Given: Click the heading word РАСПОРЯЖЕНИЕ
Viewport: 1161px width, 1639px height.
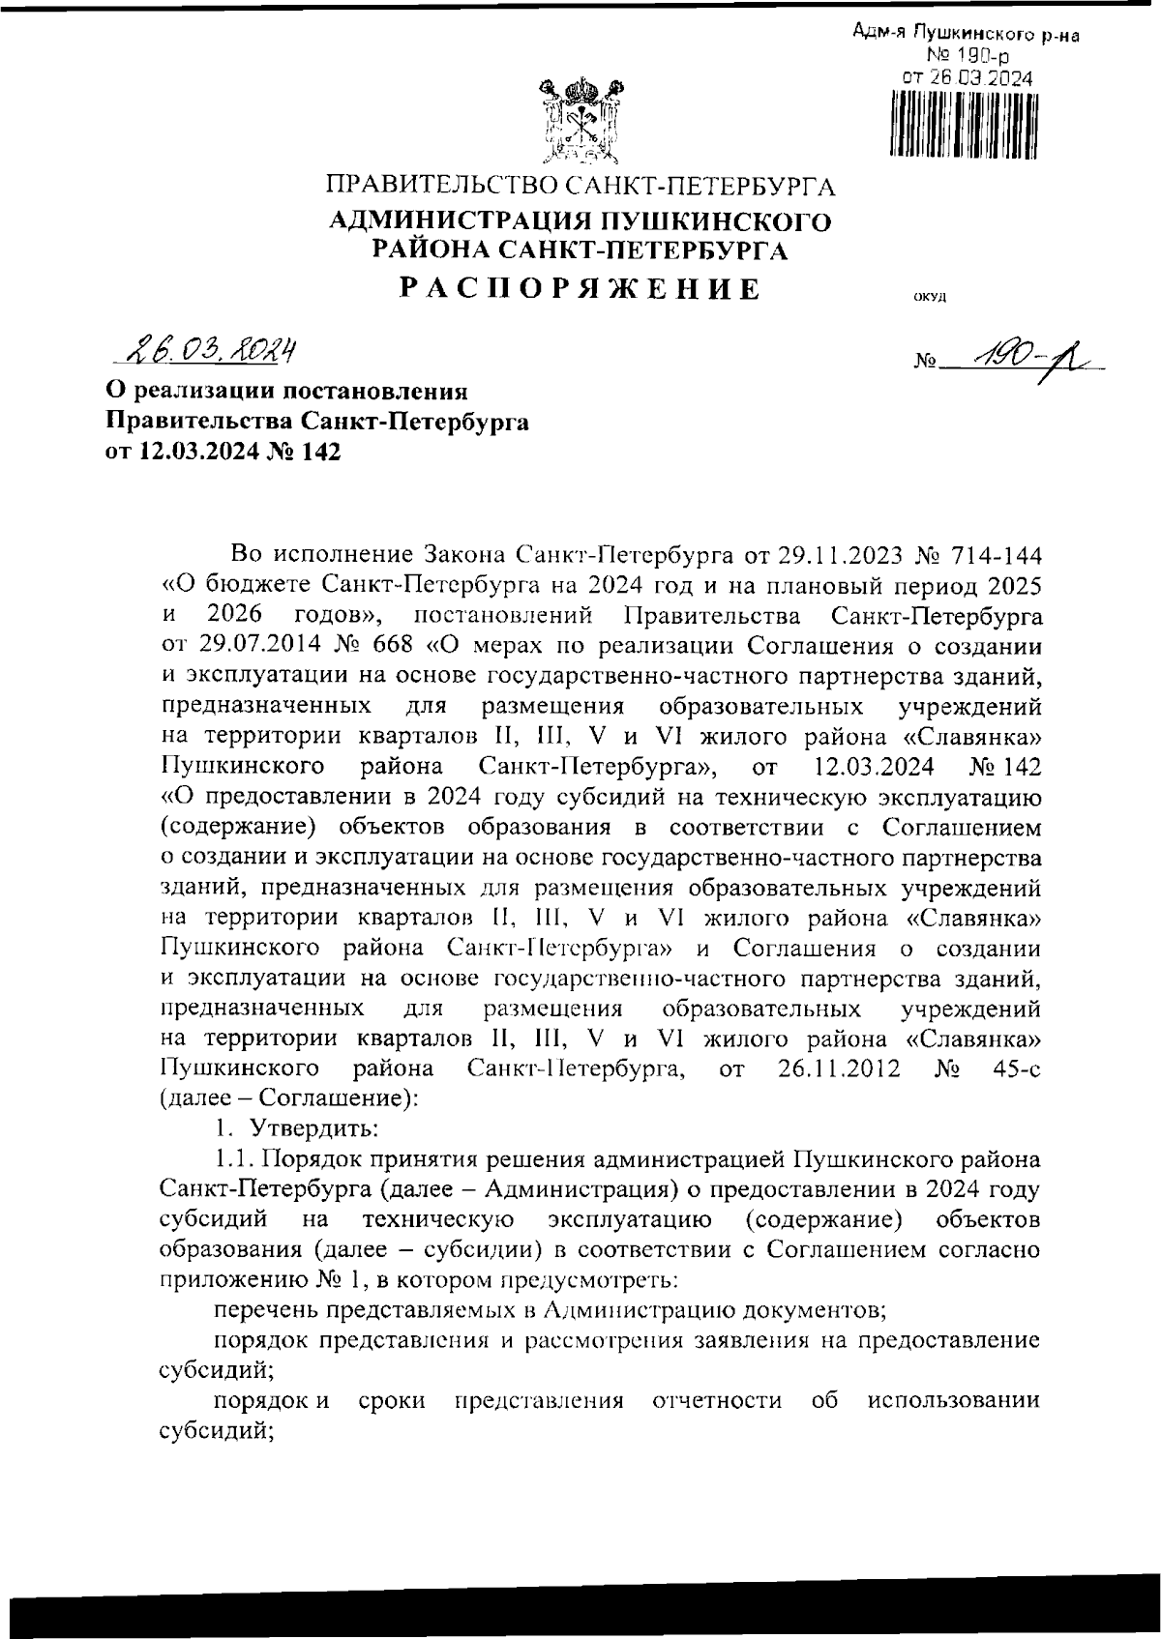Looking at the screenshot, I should click(x=580, y=288).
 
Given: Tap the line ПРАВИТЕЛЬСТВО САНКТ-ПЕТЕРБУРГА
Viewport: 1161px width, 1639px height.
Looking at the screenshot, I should click(x=580, y=185).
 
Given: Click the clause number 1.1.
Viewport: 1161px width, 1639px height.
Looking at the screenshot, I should click(x=232, y=1159).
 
